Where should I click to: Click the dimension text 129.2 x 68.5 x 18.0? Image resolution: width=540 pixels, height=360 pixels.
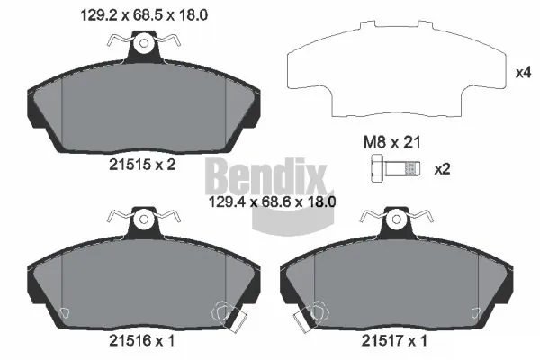[144, 15]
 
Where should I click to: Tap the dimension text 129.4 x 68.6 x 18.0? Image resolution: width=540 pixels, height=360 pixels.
[273, 202]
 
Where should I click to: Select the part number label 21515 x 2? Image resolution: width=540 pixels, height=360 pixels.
[142, 165]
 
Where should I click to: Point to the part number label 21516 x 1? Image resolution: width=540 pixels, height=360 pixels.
[142, 341]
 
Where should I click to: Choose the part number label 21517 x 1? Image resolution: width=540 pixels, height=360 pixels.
[394, 341]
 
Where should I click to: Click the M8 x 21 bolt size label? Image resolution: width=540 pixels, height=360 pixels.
[391, 142]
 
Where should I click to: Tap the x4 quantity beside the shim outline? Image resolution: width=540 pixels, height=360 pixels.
[523, 73]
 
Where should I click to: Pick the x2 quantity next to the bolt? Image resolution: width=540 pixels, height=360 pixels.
[443, 169]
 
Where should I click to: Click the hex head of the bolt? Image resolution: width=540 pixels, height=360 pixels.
[378, 168]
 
